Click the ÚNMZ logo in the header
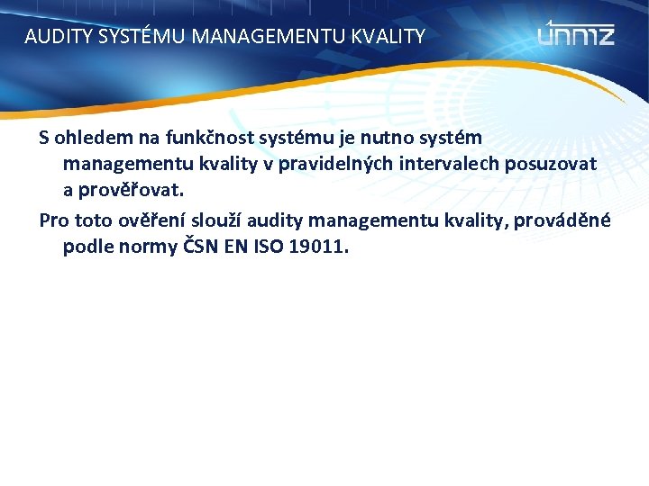point(576,35)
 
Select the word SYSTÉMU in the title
point(134,37)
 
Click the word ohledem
point(86,139)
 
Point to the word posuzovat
point(552,165)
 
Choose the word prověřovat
point(131,191)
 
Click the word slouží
point(218,220)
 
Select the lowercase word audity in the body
point(275,220)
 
